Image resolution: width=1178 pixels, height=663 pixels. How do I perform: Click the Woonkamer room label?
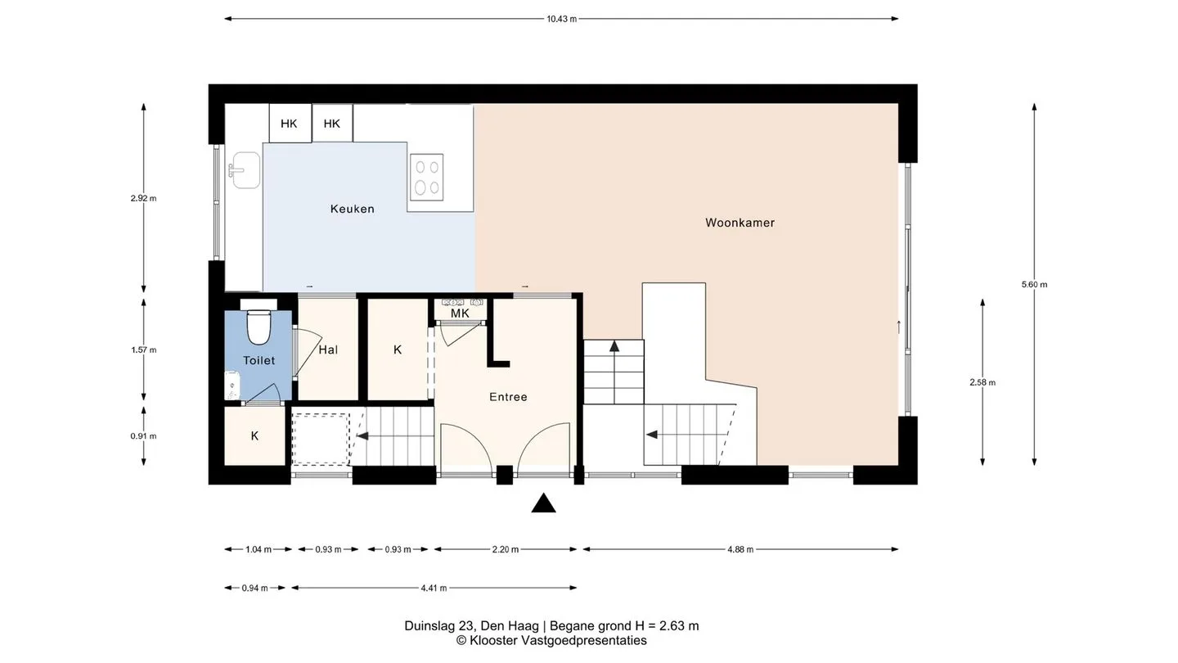pos(740,223)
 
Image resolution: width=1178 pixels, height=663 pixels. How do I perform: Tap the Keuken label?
pos(353,209)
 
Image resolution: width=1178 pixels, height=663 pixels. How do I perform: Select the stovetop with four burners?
pos(426,178)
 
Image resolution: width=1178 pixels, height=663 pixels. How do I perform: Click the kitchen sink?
pos(245,170)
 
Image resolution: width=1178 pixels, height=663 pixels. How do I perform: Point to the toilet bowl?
pos(259,327)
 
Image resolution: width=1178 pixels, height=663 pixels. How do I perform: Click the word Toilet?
pos(259,360)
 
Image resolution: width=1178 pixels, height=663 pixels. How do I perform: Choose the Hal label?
pos(328,350)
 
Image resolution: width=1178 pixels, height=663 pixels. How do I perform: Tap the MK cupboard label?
pos(460,313)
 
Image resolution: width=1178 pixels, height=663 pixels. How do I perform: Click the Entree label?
pos(508,397)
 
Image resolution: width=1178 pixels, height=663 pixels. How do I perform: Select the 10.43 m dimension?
pos(562,19)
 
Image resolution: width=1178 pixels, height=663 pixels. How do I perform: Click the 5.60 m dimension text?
pos(1034,285)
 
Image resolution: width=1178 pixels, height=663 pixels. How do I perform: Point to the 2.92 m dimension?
pos(144,198)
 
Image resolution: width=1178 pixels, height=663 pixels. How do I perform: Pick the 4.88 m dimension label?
pos(740,549)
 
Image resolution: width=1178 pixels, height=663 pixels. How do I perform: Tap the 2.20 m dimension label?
pos(506,549)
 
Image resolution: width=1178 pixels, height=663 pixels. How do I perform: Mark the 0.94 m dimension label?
pos(255,589)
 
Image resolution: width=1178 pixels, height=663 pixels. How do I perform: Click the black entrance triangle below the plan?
pos(543,503)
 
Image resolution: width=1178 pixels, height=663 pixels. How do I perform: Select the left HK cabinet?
pos(289,123)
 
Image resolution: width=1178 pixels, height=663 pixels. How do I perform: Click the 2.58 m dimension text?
pos(982,382)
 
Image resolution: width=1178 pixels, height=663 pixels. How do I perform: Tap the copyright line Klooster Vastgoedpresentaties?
pos(551,640)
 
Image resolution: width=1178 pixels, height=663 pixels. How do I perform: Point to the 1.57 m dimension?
pos(144,350)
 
